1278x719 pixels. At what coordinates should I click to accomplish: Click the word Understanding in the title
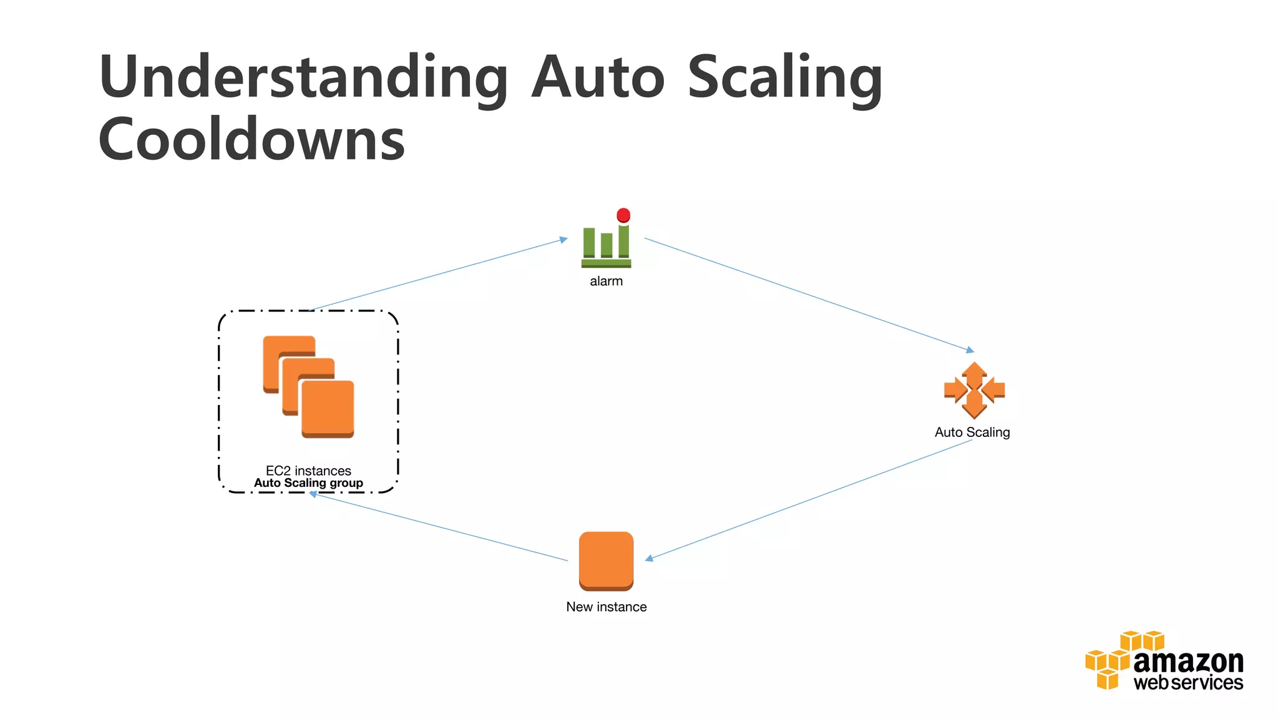click(x=303, y=78)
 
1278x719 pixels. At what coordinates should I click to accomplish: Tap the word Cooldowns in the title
click(x=251, y=140)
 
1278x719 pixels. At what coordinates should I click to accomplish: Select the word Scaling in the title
click(x=784, y=78)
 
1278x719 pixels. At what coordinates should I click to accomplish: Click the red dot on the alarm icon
click(x=623, y=215)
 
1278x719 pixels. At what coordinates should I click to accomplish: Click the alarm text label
click(x=606, y=281)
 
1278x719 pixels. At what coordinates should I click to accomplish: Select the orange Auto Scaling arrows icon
click(x=974, y=390)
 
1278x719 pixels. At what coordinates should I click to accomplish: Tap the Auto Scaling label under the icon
click(x=972, y=433)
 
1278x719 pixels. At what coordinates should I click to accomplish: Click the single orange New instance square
click(x=606, y=560)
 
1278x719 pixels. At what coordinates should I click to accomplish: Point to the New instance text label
click(x=606, y=607)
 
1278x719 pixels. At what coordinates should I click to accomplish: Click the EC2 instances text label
click(x=308, y=471)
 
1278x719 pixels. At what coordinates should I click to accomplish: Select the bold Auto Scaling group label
click(x=308, y=483)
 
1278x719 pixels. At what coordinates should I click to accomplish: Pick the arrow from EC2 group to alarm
click(x=437, y=275)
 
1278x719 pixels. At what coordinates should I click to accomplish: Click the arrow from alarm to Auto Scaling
click(x=808, y=294)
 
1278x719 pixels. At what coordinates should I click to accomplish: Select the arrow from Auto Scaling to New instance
click(x=808, y=499)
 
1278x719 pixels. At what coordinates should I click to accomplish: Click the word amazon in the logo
click(x=1188, y=662)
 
